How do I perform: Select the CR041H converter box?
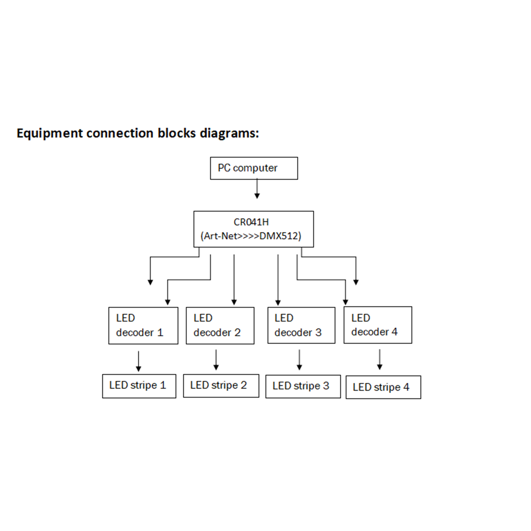(x=253, y=229)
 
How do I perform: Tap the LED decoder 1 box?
(x=143, y=325)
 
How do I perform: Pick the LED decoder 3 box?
(x=301, y=325)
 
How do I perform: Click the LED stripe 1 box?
(x=139, y=386)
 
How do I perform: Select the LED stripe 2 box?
(x=221, y=386)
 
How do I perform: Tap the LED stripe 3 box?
(x=303, y=386)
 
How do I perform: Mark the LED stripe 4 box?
(x=383, y=387)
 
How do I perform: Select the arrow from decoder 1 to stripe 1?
(x=138, y=361)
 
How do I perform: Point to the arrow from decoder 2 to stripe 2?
(x=216, y=360)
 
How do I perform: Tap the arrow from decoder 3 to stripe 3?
(x=299, y=360)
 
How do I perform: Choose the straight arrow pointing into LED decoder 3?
(x=278, y=280)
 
